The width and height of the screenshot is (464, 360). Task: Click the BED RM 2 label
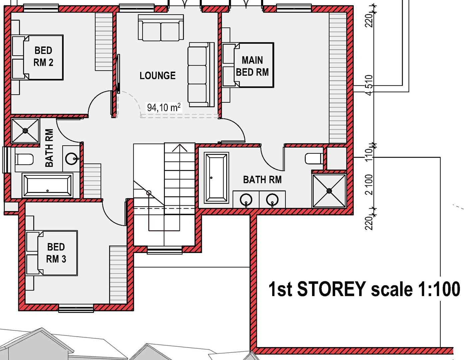coord(43,57)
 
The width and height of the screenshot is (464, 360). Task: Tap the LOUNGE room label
coord(158,76)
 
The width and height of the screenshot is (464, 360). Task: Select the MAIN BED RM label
coord(252,66)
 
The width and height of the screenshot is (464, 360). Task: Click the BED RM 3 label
coord(56,253)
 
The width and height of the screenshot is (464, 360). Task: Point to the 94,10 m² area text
coord(164,107)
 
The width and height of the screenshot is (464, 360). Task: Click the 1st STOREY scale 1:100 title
coord(364,289)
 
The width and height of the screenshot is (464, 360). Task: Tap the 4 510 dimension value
coord(369,85)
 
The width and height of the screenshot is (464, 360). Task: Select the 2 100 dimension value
coord(369,185)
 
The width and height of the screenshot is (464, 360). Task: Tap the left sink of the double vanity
coord(246,200)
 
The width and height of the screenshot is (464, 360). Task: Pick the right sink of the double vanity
coord(272,200)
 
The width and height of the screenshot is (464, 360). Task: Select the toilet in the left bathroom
coord(24,160)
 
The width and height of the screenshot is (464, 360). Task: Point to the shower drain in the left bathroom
coord(25,130)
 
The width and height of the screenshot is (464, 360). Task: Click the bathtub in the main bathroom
coord(217,178)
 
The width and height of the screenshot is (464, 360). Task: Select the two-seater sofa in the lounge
coord(161,28)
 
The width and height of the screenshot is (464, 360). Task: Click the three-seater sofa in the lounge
coord(201,75)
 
